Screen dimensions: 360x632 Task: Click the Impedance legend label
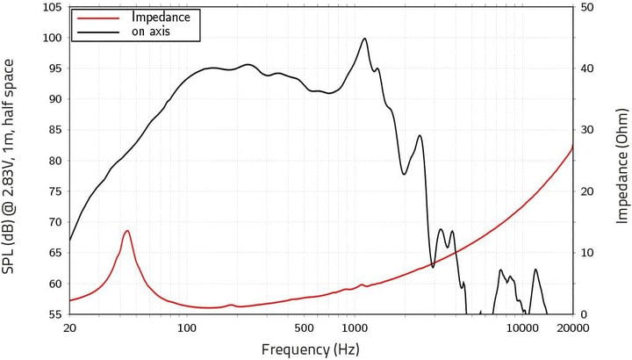[160, 17]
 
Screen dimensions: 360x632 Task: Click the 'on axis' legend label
[151, 32]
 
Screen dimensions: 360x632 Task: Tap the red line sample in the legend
[99, 18]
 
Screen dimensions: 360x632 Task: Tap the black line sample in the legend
[99, 32]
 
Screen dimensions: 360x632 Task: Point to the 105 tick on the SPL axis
[51, 8]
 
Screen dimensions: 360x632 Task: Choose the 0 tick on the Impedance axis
[584, 314]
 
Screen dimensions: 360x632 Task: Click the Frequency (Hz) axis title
[310, 349]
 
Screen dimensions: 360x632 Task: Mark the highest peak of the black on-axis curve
[364, 39]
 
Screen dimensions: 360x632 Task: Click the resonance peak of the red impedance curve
[127, 231]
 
